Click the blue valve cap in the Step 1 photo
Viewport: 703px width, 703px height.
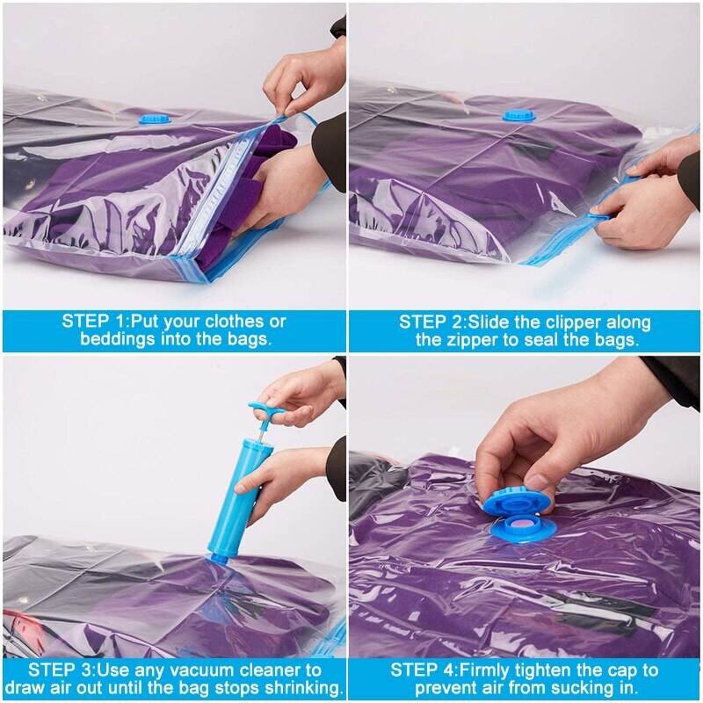pyautogui.click(x=158, y=118)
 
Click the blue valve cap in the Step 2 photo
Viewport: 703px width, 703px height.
pyautogui.click(x=518, y=115)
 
